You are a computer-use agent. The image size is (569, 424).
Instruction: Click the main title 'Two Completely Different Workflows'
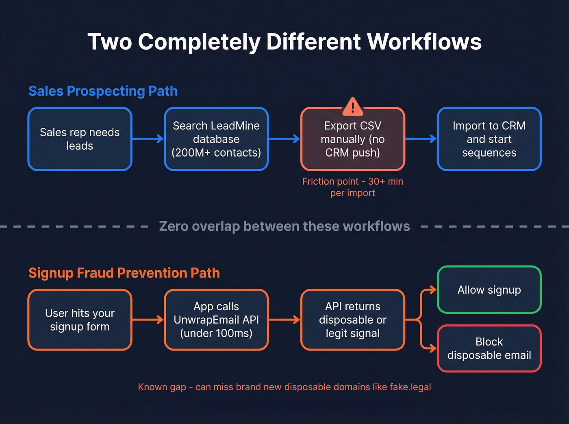pos(284,42)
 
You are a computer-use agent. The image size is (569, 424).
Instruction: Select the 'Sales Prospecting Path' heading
pos(103,91)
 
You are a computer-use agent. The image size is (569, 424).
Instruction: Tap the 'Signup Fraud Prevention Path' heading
pos(124,273)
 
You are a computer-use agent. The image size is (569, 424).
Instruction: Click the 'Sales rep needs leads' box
pos(80,139)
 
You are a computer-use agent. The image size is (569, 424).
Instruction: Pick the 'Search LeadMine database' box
pos(216,139)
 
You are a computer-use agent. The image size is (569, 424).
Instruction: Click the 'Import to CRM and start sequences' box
pos(489,139)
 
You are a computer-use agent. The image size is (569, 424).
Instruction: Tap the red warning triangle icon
pos(352,107)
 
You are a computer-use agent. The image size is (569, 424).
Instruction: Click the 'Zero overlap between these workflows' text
pos(284,226)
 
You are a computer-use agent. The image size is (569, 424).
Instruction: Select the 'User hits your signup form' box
pos(80,320)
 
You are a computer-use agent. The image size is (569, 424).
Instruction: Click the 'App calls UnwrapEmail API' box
pos(216,320)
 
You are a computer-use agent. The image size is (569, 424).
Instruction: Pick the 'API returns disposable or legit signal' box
pos(352,320)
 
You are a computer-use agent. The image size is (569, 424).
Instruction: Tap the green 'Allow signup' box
pos(489,290)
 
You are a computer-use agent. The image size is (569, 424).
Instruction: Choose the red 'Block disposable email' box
pos(489,348)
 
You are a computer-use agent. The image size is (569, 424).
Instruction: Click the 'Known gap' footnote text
pos(284,387)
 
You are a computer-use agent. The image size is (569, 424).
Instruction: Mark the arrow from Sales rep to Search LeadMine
pos(148,139)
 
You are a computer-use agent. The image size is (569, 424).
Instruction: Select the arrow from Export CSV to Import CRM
pos(421,139)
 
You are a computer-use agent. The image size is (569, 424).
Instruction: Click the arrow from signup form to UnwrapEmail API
pos(148,320)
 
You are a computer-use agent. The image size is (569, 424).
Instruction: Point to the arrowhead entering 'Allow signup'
pos(433,290)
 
